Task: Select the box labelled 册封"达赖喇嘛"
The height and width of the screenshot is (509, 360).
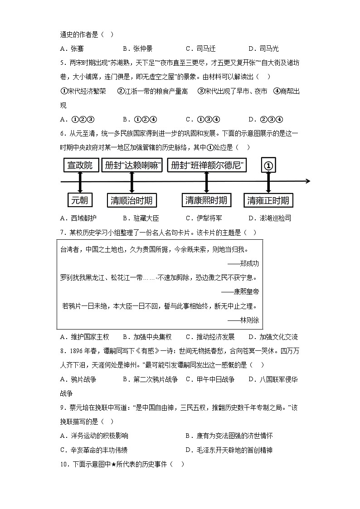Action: tap(132, 165)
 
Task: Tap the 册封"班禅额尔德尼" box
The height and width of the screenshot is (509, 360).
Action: tap(206, 165)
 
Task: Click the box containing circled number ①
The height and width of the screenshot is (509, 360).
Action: tap(268, 165)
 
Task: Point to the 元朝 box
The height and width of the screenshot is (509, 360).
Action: tap(80, 200)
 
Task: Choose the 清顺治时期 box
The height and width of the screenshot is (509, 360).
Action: tap(131, 200)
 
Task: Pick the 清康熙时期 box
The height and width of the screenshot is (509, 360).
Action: tap(206, 199)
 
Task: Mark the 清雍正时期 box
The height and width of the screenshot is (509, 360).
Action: tap(268, 200)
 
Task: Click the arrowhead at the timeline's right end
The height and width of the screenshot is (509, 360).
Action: tap(308, 181)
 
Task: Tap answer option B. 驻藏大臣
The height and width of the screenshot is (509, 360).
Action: tap(141, 218)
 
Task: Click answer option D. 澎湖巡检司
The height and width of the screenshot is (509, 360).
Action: tap(269, 218)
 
